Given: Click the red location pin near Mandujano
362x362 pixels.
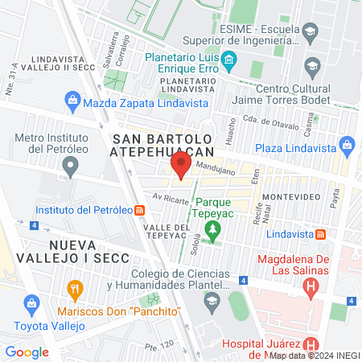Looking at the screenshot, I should click(x=179, y=167).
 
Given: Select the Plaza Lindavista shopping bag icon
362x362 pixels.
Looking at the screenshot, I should click(x=348, y=147).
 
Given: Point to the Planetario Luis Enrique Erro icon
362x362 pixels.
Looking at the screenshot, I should click(x=228, y=60).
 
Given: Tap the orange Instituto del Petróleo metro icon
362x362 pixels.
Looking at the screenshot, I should click(x=140, y=211).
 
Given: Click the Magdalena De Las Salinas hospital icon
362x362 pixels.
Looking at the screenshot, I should click(x=309, y=288).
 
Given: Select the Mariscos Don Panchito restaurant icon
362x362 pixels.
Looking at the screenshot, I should click(x=75, y=288).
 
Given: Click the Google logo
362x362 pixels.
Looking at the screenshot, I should click(x=27, y=352).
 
